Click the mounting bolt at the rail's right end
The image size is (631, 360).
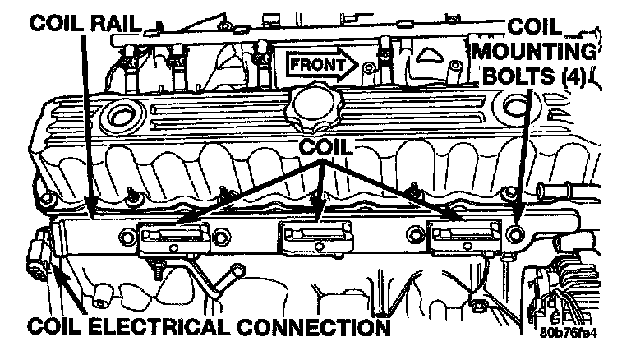coord(516,235)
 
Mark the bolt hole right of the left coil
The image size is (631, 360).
coord(220,240)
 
